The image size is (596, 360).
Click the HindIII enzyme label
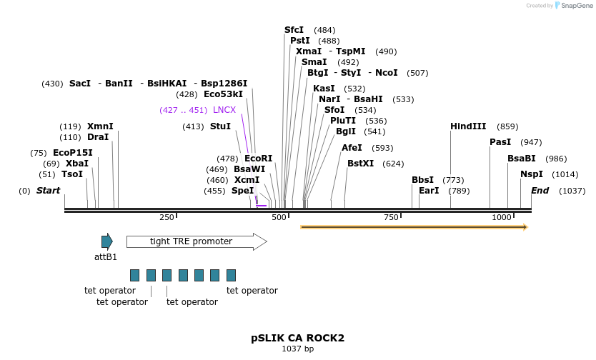point(467,126)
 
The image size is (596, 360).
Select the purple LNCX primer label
point(224,110)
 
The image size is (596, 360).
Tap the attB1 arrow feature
point(107,241)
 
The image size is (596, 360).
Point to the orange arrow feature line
point(414,227)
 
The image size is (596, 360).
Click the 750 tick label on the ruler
point(390,217)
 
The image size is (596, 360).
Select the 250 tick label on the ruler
point(167,217)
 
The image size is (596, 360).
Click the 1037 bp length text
point(297,349)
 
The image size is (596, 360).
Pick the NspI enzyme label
point(531,174)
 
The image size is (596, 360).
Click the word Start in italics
point(48,191)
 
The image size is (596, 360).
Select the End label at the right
point(540,191)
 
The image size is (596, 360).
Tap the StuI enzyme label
point(220,126)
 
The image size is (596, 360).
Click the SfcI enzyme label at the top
point(294,30)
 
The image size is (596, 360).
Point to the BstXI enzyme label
point(360,164)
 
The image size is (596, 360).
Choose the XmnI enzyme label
point(100,126)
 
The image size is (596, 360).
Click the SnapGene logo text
point(577,6)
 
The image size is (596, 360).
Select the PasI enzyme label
point(500,142)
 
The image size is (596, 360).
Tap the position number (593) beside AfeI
point(382,148)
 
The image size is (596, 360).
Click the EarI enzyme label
point(429,191)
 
